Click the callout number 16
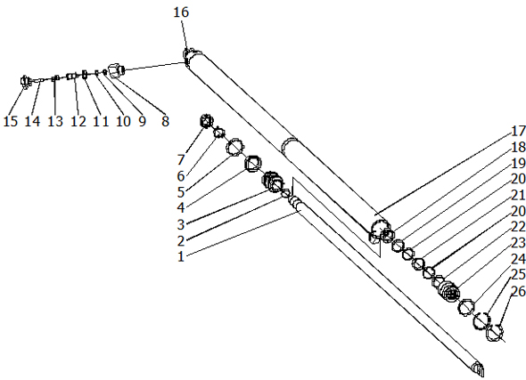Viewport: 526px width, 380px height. tap(181, 12)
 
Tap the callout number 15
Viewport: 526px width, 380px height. tap(11, 121)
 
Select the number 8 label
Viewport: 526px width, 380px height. tap(165, 121)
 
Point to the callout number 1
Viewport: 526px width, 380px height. tap(181, 256)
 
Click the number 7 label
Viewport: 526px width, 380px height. tap(181, 159)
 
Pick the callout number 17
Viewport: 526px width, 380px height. tap(518, 131)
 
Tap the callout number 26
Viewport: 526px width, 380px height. tap(518, 291)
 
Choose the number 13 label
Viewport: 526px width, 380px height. tap(55, 121)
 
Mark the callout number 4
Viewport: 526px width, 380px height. tap(181, 208)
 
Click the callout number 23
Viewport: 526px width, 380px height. tap(518, 243)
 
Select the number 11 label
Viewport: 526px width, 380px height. tap(101, 121)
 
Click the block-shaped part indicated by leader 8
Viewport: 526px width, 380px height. tap(116, 70)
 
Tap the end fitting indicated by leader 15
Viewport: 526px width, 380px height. tap(24, 81)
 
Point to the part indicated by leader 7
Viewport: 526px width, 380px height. tap(206, 121)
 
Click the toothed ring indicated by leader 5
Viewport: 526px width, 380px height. tap(234, 148)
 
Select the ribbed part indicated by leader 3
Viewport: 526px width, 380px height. tap(272, 182)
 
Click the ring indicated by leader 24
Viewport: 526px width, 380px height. tap(466, 307)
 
